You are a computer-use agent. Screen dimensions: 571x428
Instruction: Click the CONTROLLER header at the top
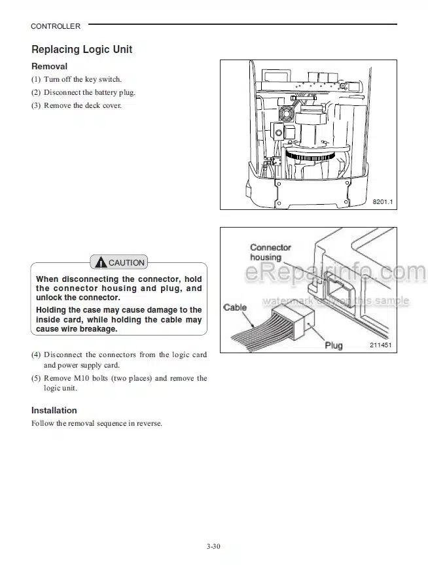56,26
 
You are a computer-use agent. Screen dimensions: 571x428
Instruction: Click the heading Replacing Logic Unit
82,50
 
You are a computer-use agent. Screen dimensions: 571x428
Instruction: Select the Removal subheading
49,66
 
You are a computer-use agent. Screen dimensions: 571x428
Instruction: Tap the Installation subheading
54,410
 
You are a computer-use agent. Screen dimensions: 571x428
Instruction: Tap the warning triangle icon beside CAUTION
100,262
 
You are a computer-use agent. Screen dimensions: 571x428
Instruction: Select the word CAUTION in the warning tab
126,263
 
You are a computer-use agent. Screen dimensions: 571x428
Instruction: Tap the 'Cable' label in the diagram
236,307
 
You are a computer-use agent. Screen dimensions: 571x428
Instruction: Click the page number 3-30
214,546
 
